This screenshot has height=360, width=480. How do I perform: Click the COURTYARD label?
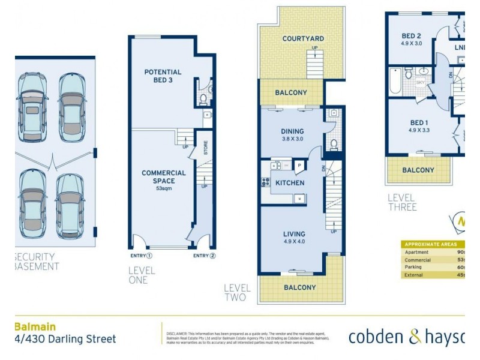[x=303, y=39]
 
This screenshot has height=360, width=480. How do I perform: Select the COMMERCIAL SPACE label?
[x=163, y=177]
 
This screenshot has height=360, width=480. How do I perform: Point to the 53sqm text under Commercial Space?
[x=163, y=188]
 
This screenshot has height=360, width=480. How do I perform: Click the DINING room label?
[x=292, y=131]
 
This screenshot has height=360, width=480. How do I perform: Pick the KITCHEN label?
[x=290, y=183]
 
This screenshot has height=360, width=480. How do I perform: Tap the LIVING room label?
[x=294, y=234]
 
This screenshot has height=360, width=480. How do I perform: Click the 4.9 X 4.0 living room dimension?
[x=294, y=242]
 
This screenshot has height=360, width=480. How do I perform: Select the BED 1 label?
[x=418, y=122]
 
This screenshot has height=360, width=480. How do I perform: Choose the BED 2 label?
[x=411, y=36]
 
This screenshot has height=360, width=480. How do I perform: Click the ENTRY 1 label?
[x=141, y=256]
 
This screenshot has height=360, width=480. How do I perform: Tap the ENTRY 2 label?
[x=204, y=256]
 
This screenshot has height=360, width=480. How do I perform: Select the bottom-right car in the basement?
[x=69, y=206]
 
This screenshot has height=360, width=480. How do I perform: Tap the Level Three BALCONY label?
[x=418, y=170]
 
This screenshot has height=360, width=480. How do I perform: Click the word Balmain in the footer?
[x=35, y=327]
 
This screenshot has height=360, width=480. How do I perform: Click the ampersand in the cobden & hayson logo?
[x=415, y=337]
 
